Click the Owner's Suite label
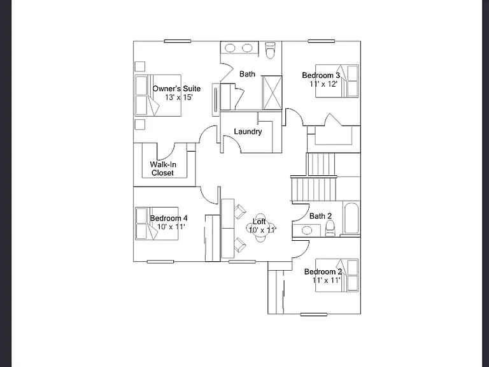pyautogui.click(x=176, y=89)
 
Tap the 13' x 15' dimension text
pyautogui.click(x=179, y=97)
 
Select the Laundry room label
pyautogui.click(x=248, y=132)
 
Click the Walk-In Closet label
pyautogui.click(x=163, y=168)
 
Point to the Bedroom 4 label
pyautogui.click(x=169, y=218)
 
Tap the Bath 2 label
pyautogui.click(x=321, y=216)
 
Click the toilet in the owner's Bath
pyautogui.click(x=271, y=50)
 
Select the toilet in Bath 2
pyautogui.click(x=330, y=229)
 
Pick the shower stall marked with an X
pyautogui.click(x=272, y=93)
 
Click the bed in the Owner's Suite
pyautogui.click(x=158, y=96)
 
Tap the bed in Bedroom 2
pyautogui.click(x=337, y=275)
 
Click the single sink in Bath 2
pyautogui.click(x=307, y=230)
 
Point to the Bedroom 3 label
pyautogui.click(x=321, y=76)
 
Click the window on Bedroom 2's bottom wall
pyautogui.click(x=314, y=315)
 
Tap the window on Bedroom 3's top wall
pyautogui.click(x=321, y=41)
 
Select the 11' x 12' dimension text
pyautogui.click(x=323, y=84)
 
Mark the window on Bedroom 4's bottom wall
pyautogui.click(x=160, y=262)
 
